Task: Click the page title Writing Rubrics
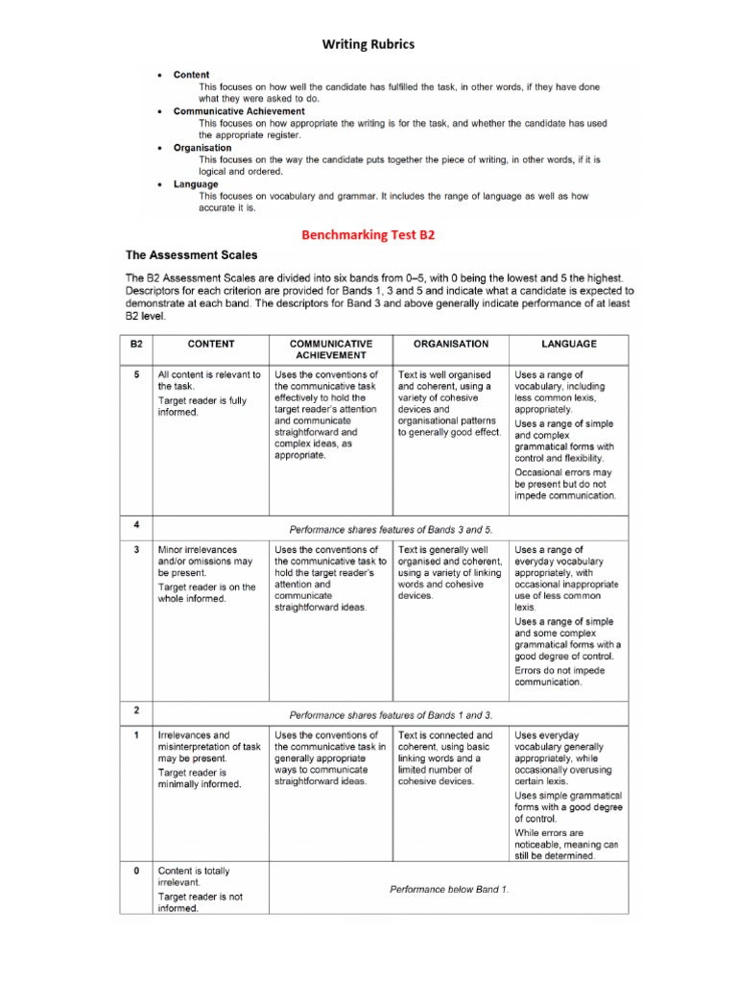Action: [x=368, y=44]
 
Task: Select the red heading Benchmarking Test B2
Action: [x=368, y=233]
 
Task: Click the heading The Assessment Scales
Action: [x=191, y=255]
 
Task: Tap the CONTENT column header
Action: [x=210, y=344]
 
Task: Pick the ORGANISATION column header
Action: [x=450, y=344]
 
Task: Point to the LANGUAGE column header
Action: [x=569, y=344]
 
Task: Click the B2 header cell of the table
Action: [x=135, y=344]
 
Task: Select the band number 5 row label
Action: [x=135, y=374]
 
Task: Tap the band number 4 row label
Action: [x=135, y=524]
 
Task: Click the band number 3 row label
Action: [x=135, y=549]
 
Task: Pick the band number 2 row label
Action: [x=135, y=710]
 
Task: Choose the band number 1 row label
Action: [x=135, y=735]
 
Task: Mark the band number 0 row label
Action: [x=135, y=871]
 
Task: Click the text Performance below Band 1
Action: [x=449, y=889]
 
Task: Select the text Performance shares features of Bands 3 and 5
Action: [x=391, y=529]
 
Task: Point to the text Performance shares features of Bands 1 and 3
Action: [x=391, y=715]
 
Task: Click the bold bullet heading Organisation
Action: [x=202, y=148]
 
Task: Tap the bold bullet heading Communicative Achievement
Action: [x=232, y=111]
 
